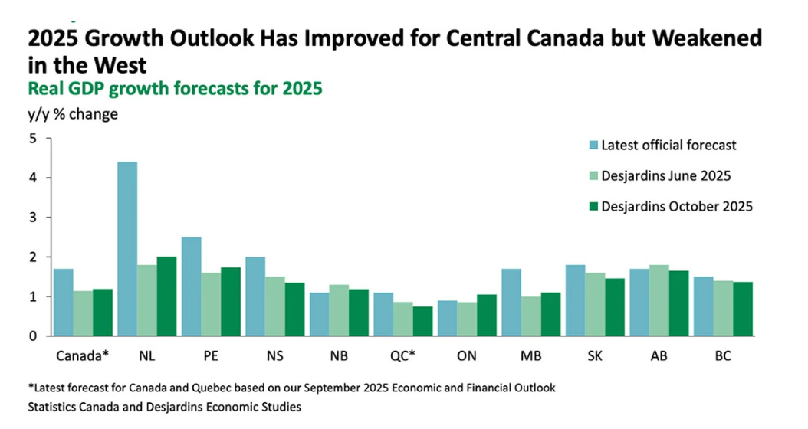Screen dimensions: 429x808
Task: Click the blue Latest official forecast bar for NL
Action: click(127, 249)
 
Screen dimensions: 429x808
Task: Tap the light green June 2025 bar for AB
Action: click(659, 300)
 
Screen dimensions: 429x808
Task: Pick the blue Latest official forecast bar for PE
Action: click(192, 287)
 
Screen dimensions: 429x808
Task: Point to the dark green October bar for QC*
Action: click(423, 321)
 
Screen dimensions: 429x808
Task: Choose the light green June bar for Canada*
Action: click(84, 313)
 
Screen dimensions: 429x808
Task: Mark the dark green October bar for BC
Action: click(743, 309)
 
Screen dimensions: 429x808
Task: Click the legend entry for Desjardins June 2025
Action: click(665, 175)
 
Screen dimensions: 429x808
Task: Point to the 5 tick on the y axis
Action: click(33, 139)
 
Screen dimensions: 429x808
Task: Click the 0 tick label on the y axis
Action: click(33, 336)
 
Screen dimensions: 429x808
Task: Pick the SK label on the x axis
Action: click(595, 356)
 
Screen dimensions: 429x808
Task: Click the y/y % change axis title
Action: click(73, 115)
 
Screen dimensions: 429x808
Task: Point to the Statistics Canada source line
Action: click(165, 408)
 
